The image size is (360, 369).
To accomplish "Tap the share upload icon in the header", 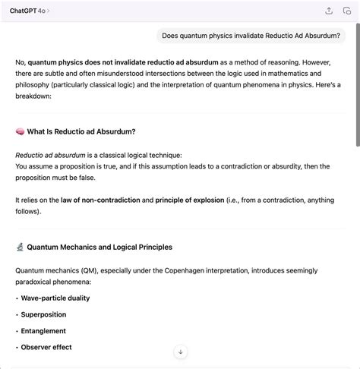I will (329, 11).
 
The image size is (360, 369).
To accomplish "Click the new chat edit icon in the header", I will (347, 11).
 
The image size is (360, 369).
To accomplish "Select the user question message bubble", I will (251, 36).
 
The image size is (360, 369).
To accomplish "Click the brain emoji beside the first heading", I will (20, 131).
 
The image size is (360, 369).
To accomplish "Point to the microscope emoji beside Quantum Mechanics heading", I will (20, 247).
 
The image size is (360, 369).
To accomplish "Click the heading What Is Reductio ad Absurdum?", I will (81, 131).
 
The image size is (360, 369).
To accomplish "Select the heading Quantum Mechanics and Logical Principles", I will (99, 247).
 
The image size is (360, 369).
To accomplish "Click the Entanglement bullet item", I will (43, 331).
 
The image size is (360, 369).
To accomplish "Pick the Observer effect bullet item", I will (46, 347).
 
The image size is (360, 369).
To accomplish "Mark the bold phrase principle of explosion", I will (190, 200).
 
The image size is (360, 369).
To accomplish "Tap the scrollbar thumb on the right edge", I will (357, 91).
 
